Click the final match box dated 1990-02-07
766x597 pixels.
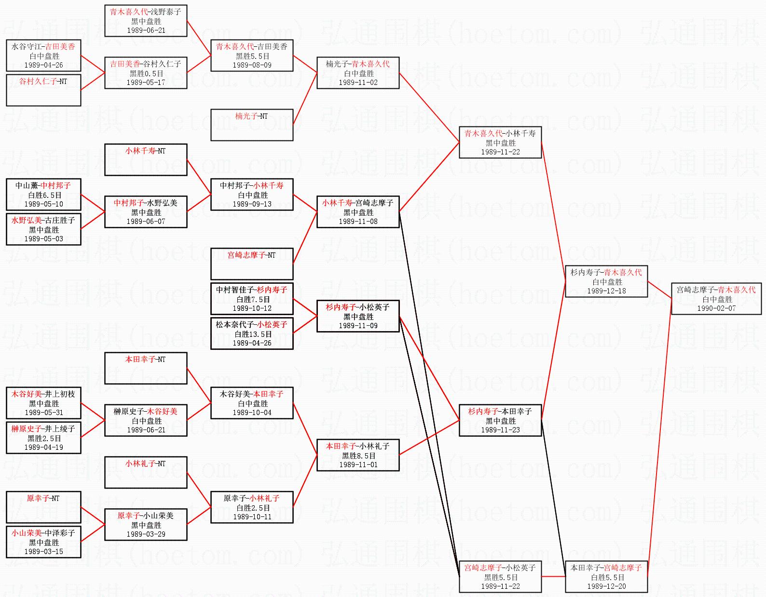(x=716, y=299)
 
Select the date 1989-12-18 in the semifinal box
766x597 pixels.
(x=606, y=291)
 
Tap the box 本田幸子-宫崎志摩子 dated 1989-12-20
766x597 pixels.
(x=606, y=577)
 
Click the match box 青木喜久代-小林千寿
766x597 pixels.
(x=500, y=142)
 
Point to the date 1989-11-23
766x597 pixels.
(x=500, y=430)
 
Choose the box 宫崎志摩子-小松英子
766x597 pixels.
(x=500, y=577)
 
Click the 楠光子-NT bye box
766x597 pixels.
(x=252, y=125)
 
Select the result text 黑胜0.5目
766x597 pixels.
(x=146, y=73)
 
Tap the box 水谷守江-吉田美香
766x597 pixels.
(x=43, y=56)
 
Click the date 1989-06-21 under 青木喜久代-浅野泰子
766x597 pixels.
(x=146, y=30)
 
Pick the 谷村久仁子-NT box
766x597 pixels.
(x=43, y=90)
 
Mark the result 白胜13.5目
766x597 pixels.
(x=252, y=334)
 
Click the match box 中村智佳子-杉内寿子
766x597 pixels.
(x=252, y=299)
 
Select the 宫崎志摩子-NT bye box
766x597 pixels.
(x=252, y=264)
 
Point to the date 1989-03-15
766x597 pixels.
(x=43, y=552)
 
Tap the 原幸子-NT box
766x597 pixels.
(x=43, y=507)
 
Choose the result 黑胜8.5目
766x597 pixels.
(x=358, y=456)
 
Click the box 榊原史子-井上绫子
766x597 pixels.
(x=43, y=438)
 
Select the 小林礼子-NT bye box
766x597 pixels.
(x=146, y=472)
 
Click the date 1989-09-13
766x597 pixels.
(x=252, y=204)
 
